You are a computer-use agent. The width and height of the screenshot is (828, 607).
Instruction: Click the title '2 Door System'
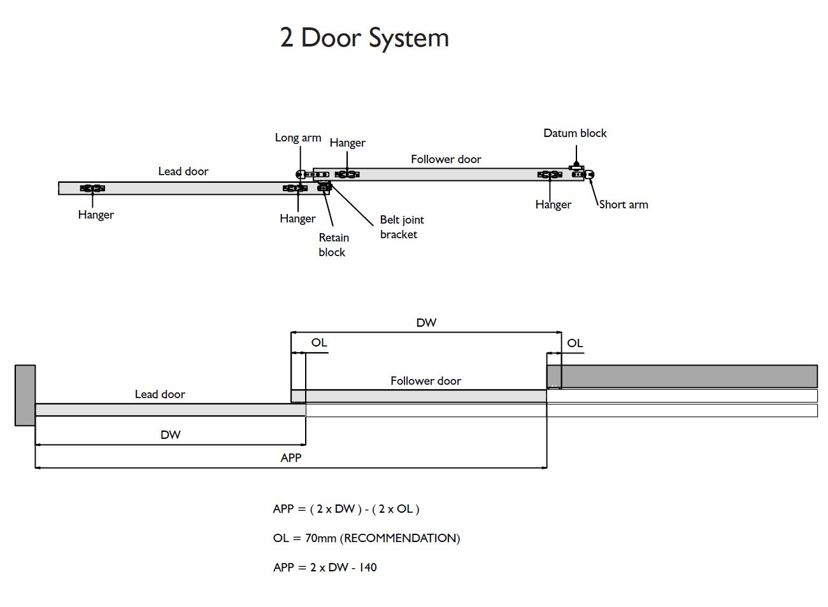point(364,38)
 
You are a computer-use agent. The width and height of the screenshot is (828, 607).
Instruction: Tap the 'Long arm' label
point(297,138)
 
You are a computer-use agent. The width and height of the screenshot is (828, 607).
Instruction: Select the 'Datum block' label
point(575,133)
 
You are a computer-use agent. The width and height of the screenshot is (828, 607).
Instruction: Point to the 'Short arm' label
point(624,204)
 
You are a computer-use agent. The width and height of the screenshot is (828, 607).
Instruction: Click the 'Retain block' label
point(333,245)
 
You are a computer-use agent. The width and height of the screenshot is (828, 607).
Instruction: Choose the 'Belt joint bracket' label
point(401,227)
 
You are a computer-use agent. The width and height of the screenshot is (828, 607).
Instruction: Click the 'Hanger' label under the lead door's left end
point(96,215)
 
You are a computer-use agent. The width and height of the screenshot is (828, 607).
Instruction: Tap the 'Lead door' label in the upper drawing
point(183,171)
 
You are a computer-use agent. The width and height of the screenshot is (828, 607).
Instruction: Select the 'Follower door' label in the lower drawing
point(425,381)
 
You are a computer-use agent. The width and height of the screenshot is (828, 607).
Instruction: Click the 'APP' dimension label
point(290,457)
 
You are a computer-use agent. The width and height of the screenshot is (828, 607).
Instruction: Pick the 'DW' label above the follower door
point(426,323)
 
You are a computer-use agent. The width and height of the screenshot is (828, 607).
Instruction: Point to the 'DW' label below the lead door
point(170,435)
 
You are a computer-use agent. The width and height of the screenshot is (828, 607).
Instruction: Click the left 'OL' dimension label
point(319,343)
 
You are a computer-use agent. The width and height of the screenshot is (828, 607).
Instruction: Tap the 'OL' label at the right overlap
point(575,343)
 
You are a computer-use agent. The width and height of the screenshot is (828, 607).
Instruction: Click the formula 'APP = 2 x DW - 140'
point(325,567)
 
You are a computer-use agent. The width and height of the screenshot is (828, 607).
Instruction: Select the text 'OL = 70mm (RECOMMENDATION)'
point(366,538)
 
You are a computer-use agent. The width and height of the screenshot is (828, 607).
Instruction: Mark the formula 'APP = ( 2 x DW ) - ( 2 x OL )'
point(346,509)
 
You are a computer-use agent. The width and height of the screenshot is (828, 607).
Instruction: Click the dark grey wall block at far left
point(25,395)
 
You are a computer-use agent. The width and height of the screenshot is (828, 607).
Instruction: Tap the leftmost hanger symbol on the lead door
point(92,188)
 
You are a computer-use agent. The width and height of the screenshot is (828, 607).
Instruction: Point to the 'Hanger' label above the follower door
point(347,143)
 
